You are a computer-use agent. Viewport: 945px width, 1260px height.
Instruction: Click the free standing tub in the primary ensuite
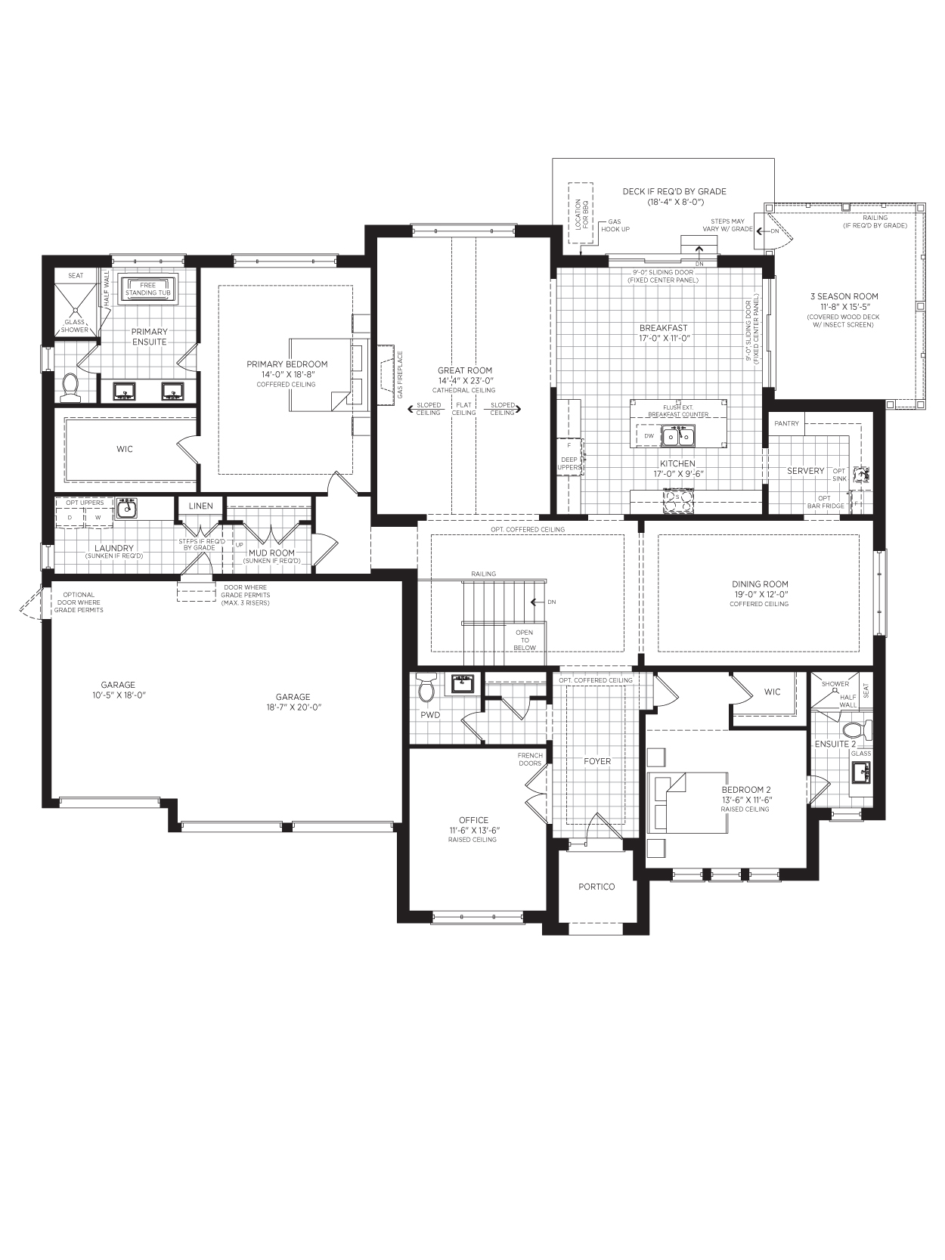(148, 289)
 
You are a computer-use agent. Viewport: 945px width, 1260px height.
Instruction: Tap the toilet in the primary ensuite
(70, 385)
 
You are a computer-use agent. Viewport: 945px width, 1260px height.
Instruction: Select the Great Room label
(464, 370)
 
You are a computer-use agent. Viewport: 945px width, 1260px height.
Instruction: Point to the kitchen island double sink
(678, 437)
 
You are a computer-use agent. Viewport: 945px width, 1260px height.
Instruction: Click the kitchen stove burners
(677, 500)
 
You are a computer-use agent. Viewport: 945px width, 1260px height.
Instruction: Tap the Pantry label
(786, 423)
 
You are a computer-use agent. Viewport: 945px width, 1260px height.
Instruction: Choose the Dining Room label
(760, 584)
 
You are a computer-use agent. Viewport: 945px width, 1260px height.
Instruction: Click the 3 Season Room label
(844, 296)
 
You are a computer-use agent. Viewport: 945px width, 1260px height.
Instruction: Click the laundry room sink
(126, 509)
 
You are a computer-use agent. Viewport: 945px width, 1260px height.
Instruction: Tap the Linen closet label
(201, 506)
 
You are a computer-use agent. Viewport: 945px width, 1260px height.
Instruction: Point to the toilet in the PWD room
(426, 689)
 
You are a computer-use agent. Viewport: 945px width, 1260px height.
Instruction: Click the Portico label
(596, 887)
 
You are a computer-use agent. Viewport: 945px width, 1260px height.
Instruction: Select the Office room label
(474, 820)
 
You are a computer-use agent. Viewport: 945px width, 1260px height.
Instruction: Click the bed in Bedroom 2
(687, 803)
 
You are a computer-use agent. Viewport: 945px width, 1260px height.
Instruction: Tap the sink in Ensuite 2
(860, 772)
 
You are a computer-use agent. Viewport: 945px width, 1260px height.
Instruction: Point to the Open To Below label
(524, 640)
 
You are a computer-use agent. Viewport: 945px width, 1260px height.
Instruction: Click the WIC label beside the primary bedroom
(125, 449)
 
